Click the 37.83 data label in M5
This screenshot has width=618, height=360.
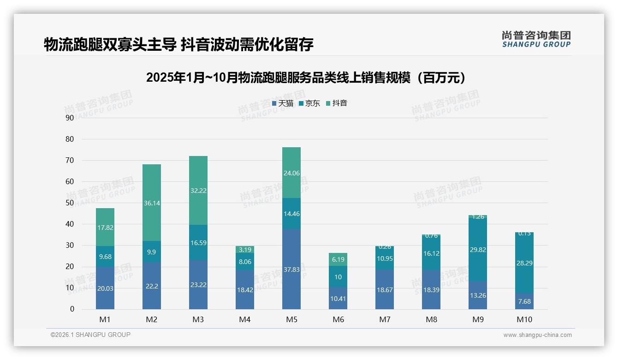[x=291, y=270]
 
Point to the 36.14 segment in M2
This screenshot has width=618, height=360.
[x=152, y=203]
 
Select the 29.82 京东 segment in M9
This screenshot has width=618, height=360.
[x=478, y=250]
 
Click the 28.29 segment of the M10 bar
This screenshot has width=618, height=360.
[x=524, y=263]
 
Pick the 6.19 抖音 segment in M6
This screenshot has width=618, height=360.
[x=338, y=259]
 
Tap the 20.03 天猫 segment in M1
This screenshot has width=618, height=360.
[x=105, y=288]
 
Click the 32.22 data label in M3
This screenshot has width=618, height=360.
[x=198, y=190]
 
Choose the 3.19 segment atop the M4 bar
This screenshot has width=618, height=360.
[x=245, y=250]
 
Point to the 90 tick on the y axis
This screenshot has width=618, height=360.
[x=70, y=118]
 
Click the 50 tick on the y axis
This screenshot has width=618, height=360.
[x=70, y=203]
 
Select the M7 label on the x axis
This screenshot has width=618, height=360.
[x=385, y=319]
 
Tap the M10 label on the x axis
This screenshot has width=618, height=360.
[x=524, y=319]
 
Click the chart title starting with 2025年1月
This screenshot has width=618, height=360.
[x=308, y=78]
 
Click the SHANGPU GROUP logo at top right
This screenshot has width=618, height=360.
[x=536, y=39]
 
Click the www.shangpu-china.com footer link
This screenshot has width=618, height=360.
[x=537, y=335]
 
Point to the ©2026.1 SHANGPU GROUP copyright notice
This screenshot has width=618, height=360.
[x=90, y=335]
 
